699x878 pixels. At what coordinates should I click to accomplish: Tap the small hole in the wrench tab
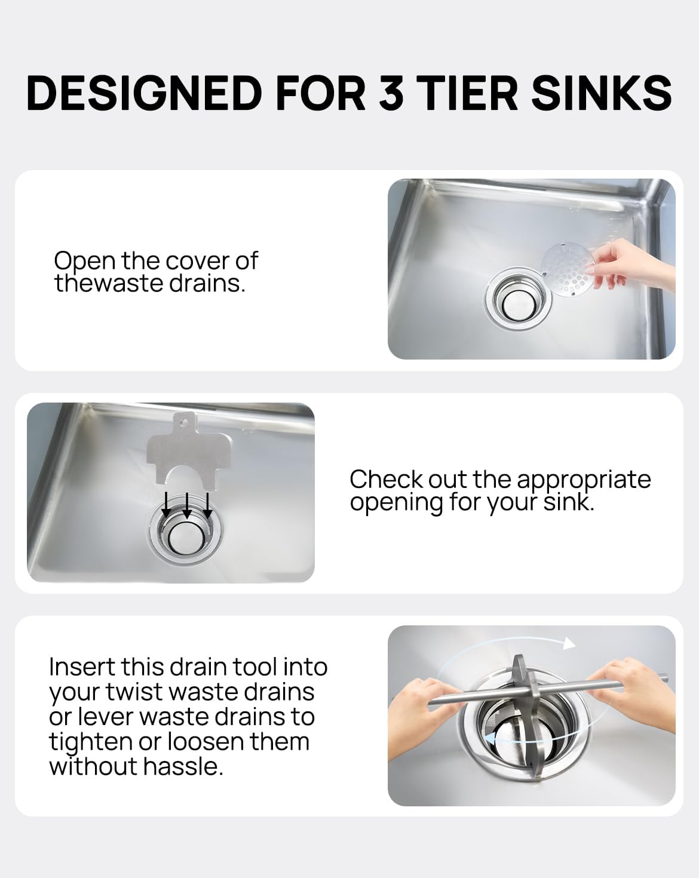click(x=182, y=419)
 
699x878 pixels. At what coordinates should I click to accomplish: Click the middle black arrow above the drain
click(x=186, y=506)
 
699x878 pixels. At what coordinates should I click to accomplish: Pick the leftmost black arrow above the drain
click(x=166, y=505)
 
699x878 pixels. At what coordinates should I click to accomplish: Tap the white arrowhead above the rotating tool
click(x=569, y=644)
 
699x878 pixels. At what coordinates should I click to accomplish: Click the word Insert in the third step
click(x=82, y=667)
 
